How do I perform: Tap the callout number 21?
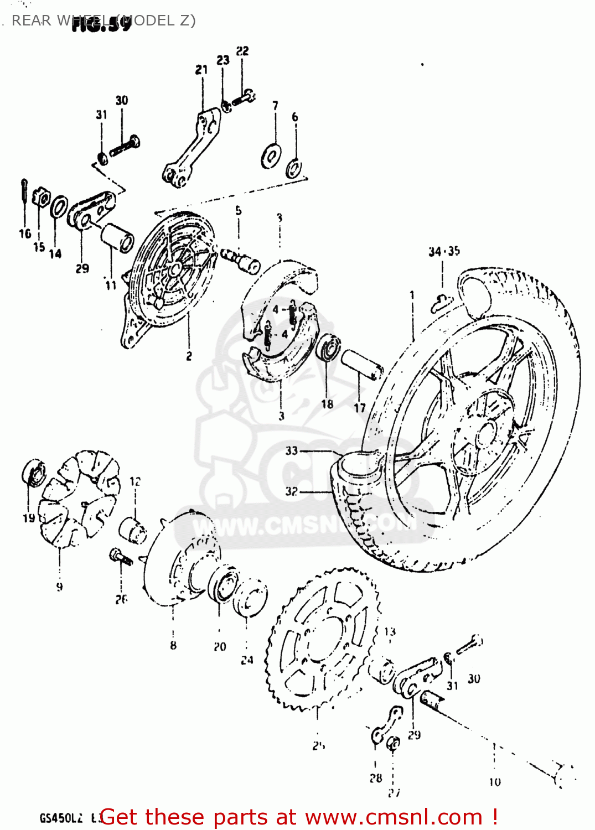coord(201,70)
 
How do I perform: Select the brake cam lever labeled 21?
coord(191,147)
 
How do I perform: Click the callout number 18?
coord(327,404)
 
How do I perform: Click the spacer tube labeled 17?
coord(361,365)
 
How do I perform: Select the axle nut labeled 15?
coord(40,197)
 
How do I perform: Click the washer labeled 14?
coord(58,207)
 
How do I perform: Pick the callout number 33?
coord(292,450)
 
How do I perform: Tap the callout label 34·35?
coord(444,252)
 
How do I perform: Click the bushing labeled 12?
coord(133,528)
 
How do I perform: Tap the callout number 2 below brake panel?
coord(189,356)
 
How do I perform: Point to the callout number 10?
coord(494,781)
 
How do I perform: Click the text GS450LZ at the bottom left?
coord(61,818)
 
